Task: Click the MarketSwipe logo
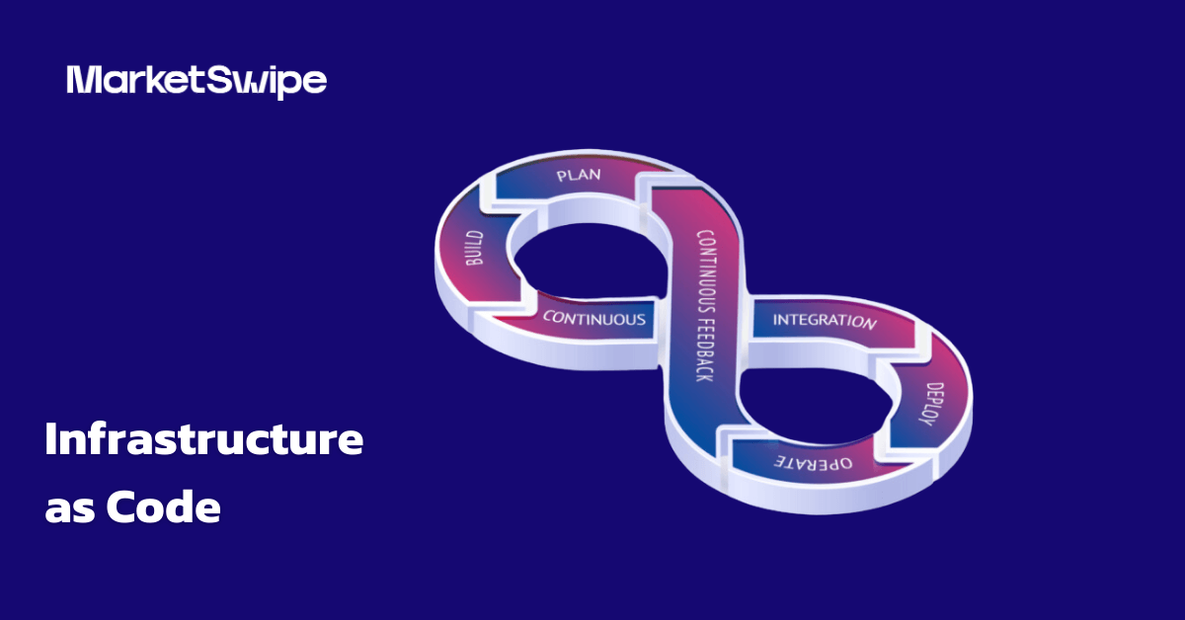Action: pos(197,82)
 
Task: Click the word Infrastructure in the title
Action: pos(204,438)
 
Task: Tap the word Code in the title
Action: pos(164,506)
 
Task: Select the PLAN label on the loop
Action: pos(579,175)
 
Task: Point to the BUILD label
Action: pos(474,248)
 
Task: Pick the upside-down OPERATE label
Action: pos(813,462)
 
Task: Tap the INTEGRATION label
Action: pos(825,321)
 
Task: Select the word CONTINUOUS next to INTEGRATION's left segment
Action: pos(594,318)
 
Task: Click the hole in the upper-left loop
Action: pos(589,261)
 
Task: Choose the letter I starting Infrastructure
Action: pos(50,438)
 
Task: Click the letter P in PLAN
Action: pos(561,176)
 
